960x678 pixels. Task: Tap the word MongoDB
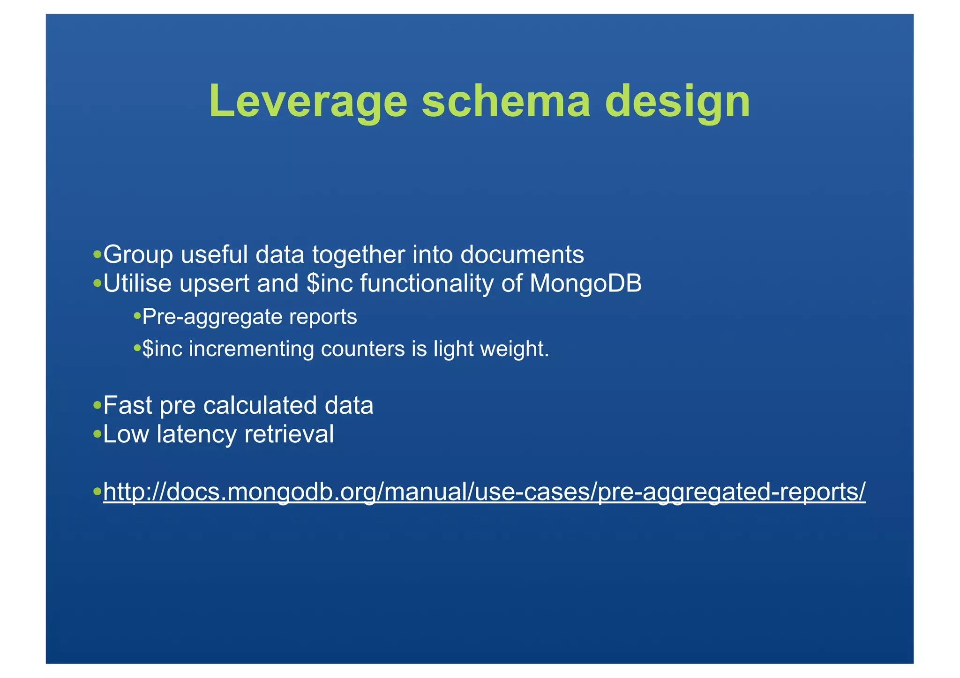click(x=585, y=283)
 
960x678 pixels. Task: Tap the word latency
click(x=197, y=434)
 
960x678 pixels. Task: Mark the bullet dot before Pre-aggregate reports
click(x=137, y=316)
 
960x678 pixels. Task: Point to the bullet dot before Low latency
click(x=97, y=434)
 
